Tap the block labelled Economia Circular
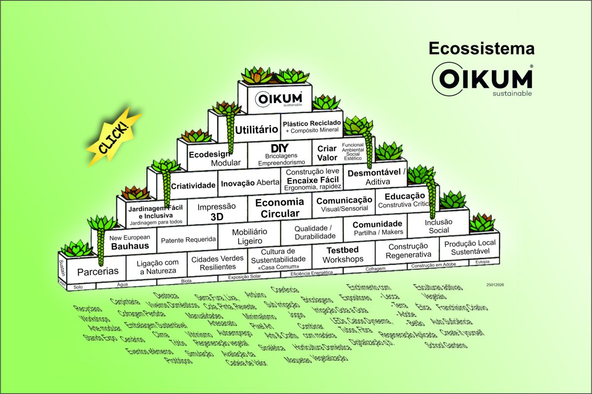pos(279,208)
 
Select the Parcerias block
pos(98,271)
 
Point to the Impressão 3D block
pos(216,211)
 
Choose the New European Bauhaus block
pos(130,242)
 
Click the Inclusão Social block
pos(439,226)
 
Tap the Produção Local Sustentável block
pos(470,247)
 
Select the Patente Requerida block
pos(188,240)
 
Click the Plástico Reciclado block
pos(311,126)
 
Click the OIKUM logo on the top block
pos(276,98)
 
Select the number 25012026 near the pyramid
pos(494,285)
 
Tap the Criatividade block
pos(193,186)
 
